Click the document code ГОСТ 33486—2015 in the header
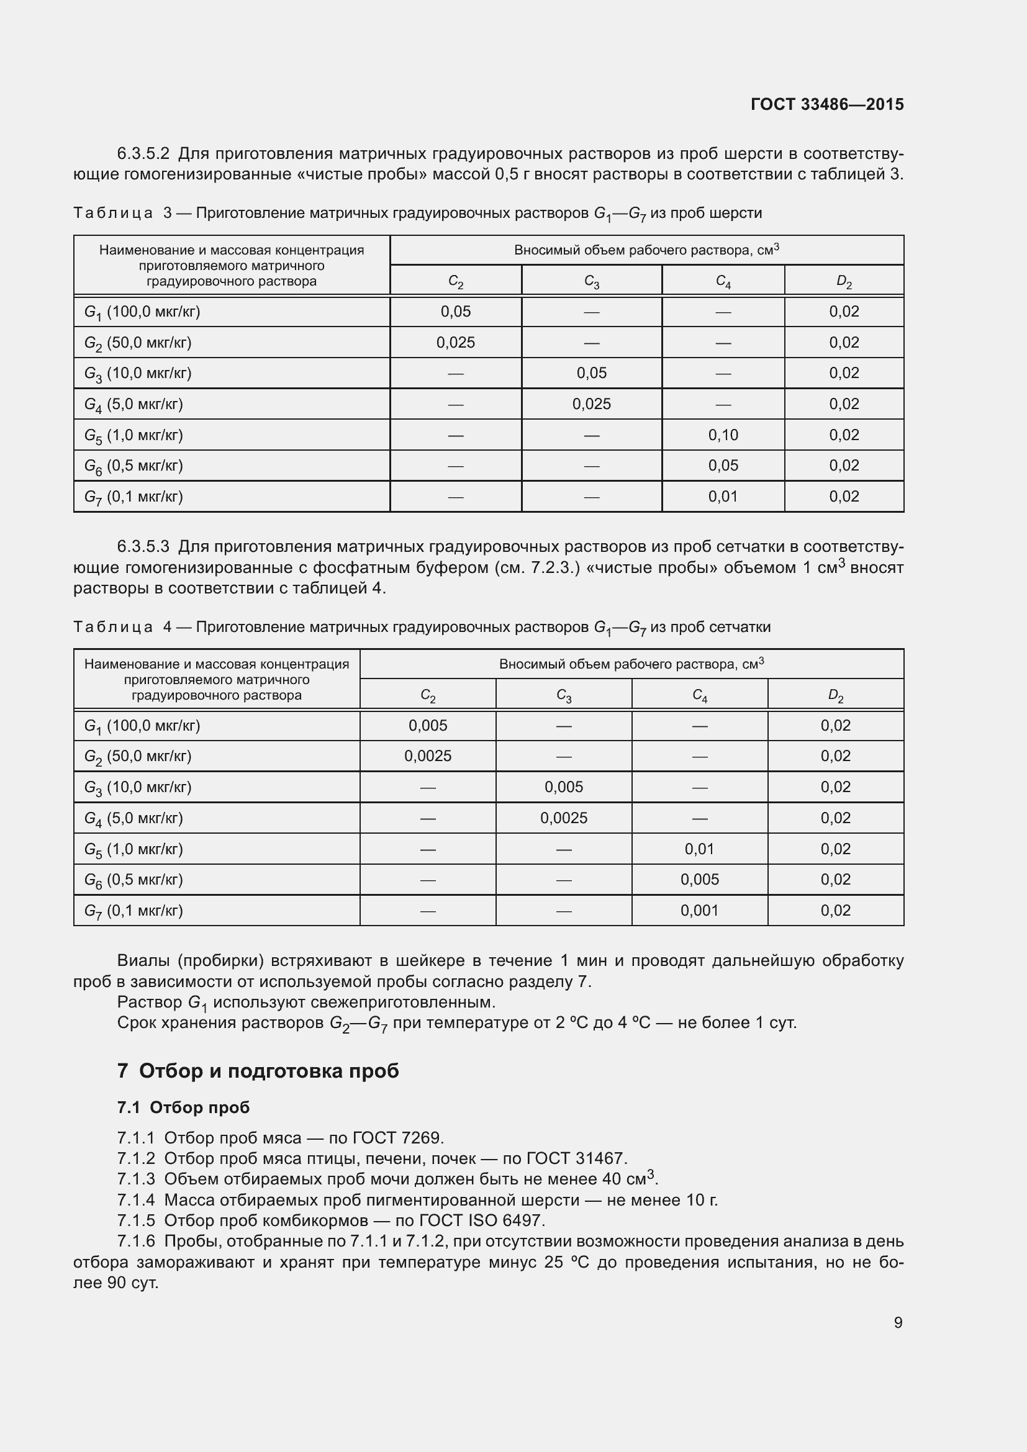[x=826, y=104]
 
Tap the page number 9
[x=898, y=1322]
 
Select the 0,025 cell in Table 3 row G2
[x=455, y=342]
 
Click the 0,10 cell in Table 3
[x=723, y=435]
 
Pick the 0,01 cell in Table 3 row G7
[x=723, y=497]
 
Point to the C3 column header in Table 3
[x=591, y=281]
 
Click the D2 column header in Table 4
[x=835, y=696]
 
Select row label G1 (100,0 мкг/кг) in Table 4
[x=142, y=726]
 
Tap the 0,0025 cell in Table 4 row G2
[x=427, y=756]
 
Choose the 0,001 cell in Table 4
[x=699, y=911]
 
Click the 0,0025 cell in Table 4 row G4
[x=563, y=818]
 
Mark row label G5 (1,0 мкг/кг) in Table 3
[x=133, y=435]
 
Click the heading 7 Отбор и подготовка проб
[x=258, y=1071]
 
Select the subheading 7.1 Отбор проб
[x=183, y=1107]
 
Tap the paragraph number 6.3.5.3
[x=143, y=546]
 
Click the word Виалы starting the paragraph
[x=143, y=960]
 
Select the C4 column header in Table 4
[x=699, y=696]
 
